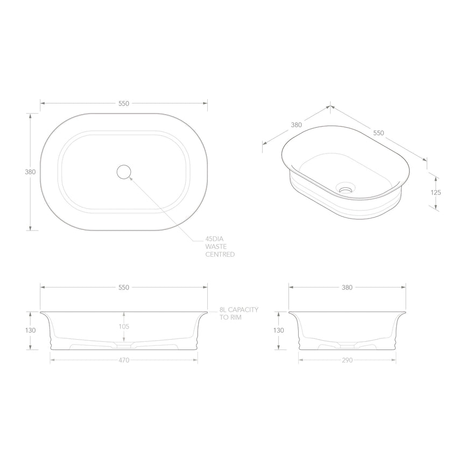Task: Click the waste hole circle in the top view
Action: coord(124,172)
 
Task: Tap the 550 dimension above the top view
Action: coord(124,103)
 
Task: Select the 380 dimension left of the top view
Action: coord(30,172)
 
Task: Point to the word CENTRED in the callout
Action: coord(220,254)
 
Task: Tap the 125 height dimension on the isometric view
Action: coord(436,192)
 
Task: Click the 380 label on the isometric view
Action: coord(296,124)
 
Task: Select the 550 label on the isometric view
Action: coord(379,133)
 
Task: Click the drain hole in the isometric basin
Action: coord(345,189)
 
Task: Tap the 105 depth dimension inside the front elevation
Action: coord(124,326)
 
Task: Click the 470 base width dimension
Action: coord(124,360)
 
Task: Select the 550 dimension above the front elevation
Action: coord(124,287)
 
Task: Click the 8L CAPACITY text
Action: coord(239,310)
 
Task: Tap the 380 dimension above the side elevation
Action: coord(347,287)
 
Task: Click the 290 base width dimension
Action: coord(347,360)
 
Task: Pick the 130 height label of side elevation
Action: coord(278,331)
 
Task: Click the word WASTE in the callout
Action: coord(216,247)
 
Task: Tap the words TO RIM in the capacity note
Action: coord(230,318)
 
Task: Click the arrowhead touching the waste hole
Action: coord(131,178)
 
